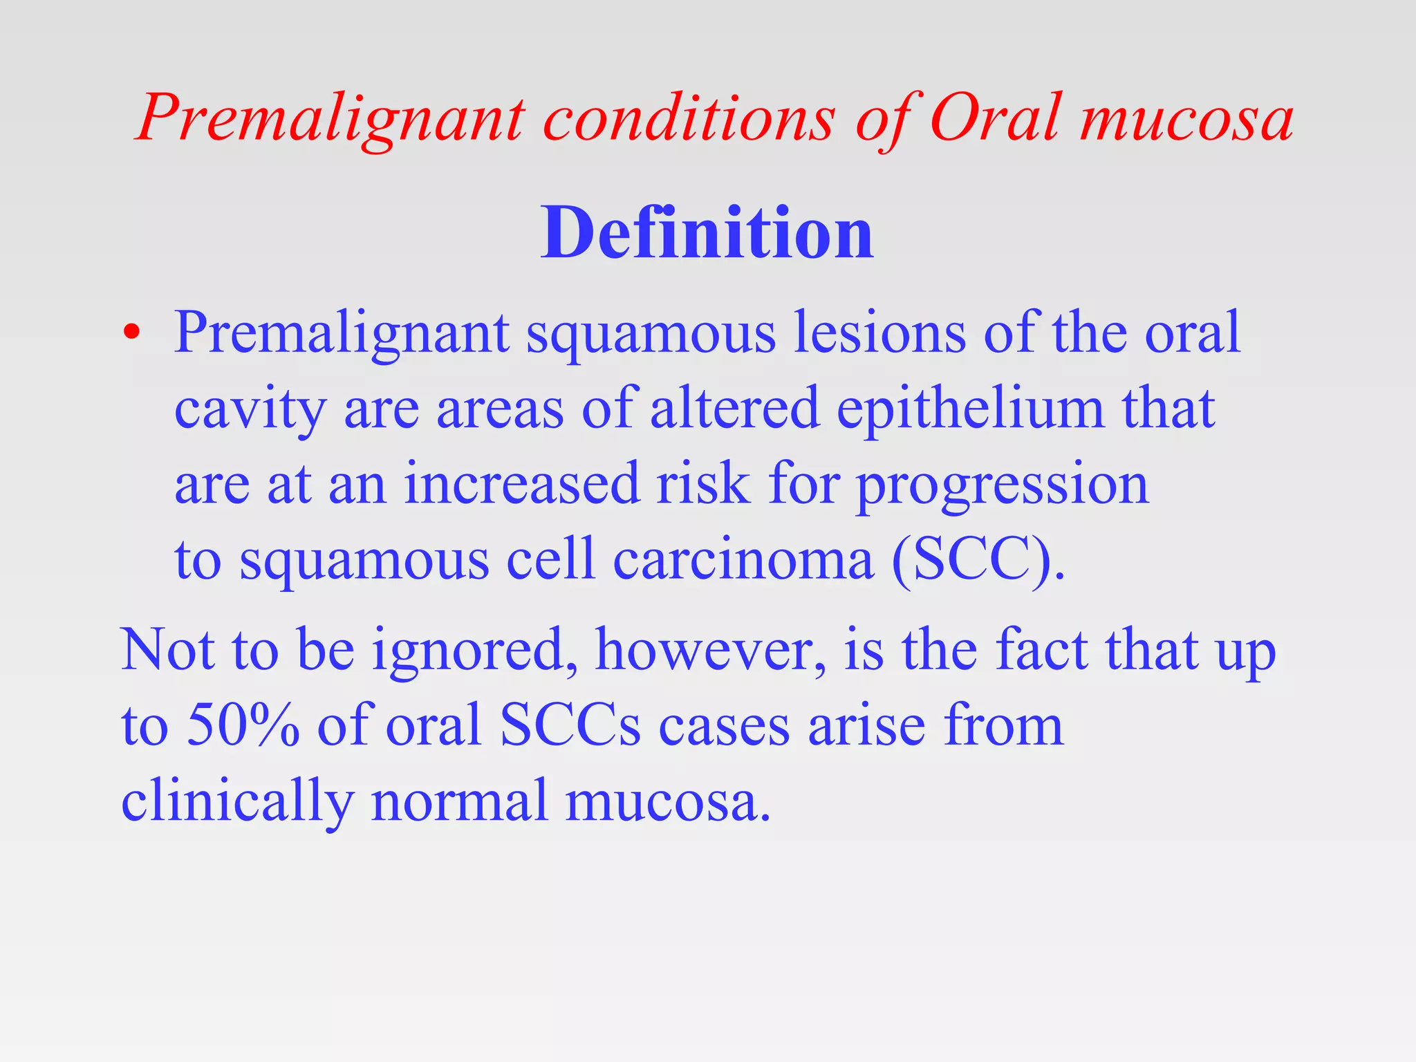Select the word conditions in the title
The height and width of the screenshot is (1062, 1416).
pyautogui.click(x=689, y=118)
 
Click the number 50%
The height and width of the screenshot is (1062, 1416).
pyautogui.click(x=243, y=725)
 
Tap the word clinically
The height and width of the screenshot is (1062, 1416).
pyautogui.click(x=237, y=801)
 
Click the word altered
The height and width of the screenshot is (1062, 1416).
pyautogui.click(x=735, y=408)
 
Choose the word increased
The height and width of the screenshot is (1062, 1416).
pyautogui.click(x=522, y=484)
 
